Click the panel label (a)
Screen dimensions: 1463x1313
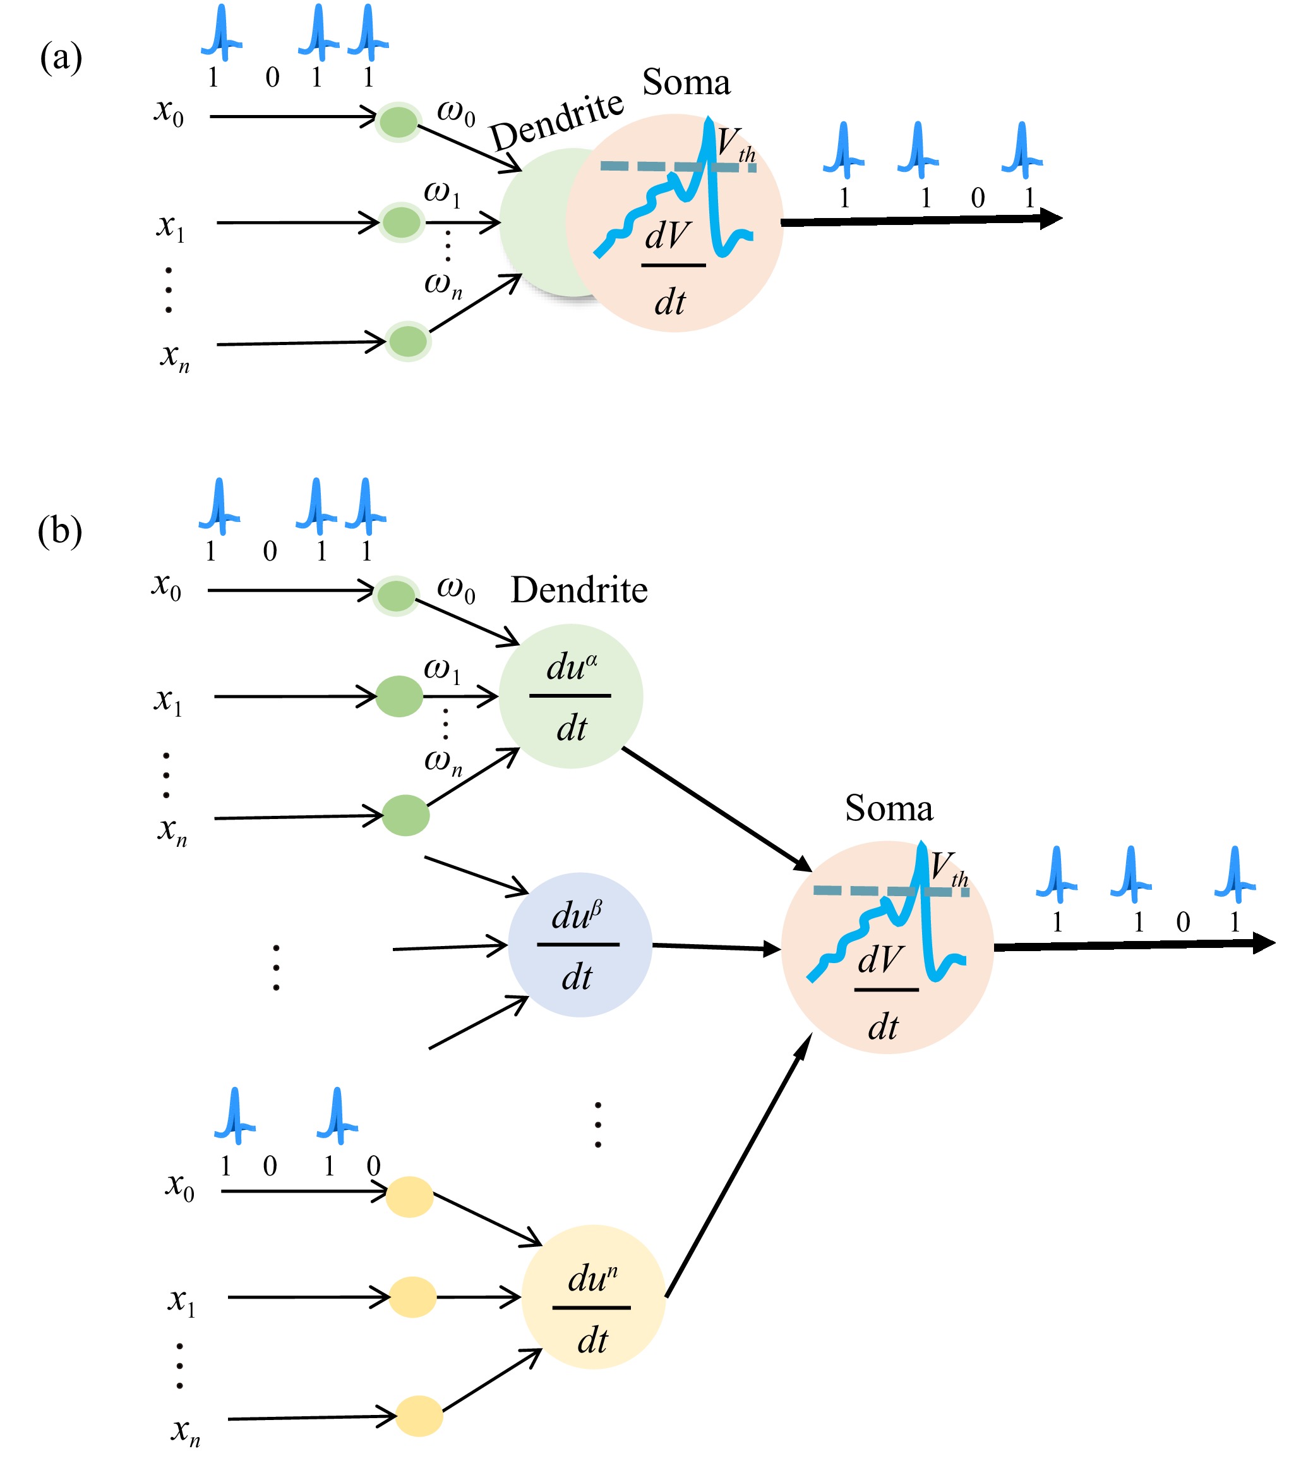61,58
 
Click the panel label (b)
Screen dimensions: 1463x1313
60,532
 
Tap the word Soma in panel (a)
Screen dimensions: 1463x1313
686,82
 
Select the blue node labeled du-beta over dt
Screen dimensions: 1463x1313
580,945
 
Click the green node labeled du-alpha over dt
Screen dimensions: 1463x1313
571,696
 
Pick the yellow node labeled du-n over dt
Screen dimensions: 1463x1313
593,1296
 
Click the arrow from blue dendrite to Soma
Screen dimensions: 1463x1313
714,947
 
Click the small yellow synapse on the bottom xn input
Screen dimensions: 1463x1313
419,1416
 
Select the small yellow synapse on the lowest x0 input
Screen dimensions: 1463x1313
409,1197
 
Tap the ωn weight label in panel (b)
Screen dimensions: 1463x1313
443,761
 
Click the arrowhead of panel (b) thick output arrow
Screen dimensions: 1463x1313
1263,943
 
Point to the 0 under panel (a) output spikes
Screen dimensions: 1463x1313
978,198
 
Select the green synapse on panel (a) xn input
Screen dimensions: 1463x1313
407,341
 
